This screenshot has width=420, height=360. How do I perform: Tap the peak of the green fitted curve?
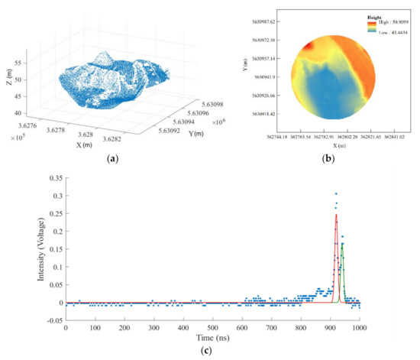[x=342, y=244]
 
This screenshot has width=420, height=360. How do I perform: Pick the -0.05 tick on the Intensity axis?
[x=53, y=320]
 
